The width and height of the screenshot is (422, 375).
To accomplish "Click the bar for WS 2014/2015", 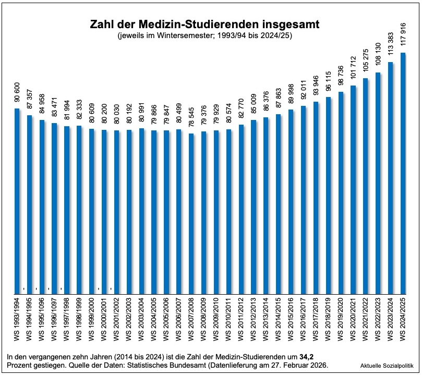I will click(279, 204).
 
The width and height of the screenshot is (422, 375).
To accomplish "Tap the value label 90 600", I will click(17, 94).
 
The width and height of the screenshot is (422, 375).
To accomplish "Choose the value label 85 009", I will click(254, 106).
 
